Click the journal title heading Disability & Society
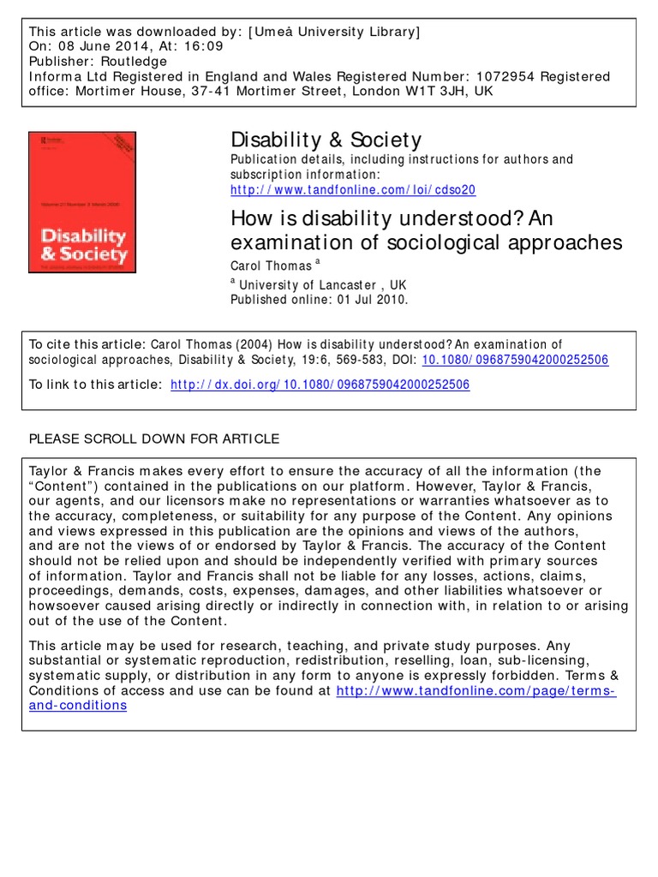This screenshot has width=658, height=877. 326,140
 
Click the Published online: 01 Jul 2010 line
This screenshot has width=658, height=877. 319,300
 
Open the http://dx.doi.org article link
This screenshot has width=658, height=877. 320,385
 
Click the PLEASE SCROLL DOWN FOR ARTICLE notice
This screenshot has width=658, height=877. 154,438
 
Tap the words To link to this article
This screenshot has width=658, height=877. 94,385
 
